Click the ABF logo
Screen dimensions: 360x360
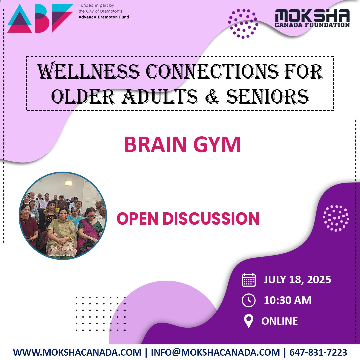point(40,18)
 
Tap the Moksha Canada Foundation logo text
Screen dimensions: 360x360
point(312,18)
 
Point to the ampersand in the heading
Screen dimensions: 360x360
point(214,96)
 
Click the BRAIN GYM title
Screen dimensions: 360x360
point(182,145)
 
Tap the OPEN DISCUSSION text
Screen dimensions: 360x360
point(188,219)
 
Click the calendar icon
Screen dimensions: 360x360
point(249,280)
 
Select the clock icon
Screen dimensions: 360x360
point(249,300)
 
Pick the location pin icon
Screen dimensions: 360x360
point(249,321)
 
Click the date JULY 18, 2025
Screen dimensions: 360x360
point(297,279)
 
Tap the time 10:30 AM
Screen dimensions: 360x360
point(288,300)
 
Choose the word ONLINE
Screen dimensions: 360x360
point(280,321)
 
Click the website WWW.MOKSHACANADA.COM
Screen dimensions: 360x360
point(77,352)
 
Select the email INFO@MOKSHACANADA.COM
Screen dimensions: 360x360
point(215,352)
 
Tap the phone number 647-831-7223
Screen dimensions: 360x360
point(318,352)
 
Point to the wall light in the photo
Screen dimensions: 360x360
point(69,183)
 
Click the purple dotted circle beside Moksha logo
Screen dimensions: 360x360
point(243,24)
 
